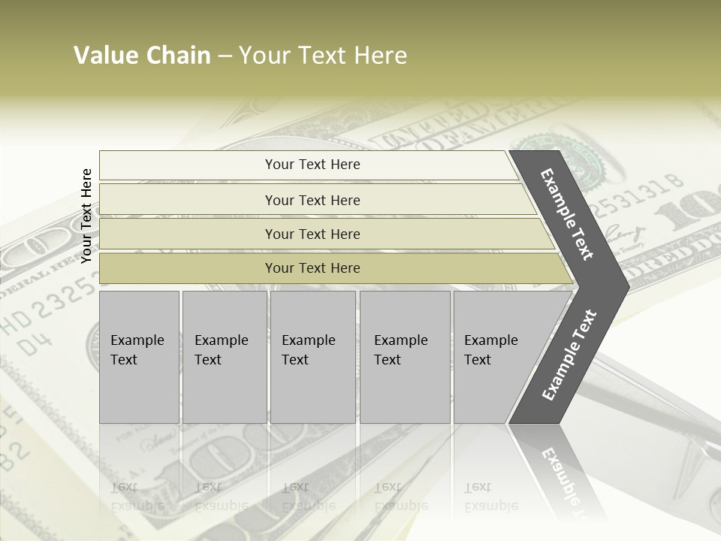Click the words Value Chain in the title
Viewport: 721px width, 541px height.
pos(142,56)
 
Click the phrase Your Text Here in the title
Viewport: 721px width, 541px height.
pos(323,56)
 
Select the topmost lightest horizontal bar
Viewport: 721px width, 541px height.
pos(312,165)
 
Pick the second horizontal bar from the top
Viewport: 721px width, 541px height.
pos(312,200)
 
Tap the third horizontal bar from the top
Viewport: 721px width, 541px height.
pos(312,234)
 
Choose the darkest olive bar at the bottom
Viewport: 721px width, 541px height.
pos(312,268)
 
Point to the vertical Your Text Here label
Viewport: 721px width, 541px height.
pos(86,216)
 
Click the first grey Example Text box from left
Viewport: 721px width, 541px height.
pos(139,357)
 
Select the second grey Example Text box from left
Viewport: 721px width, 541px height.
pos(224,357)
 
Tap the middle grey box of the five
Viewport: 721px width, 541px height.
pos(312,357)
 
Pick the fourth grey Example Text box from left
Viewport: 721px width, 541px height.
pos(404,357)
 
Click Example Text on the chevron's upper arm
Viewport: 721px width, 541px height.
pos(567,214)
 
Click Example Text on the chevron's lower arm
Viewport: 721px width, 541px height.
pos(569,355)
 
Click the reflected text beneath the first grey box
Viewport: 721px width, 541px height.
pos(137,497)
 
